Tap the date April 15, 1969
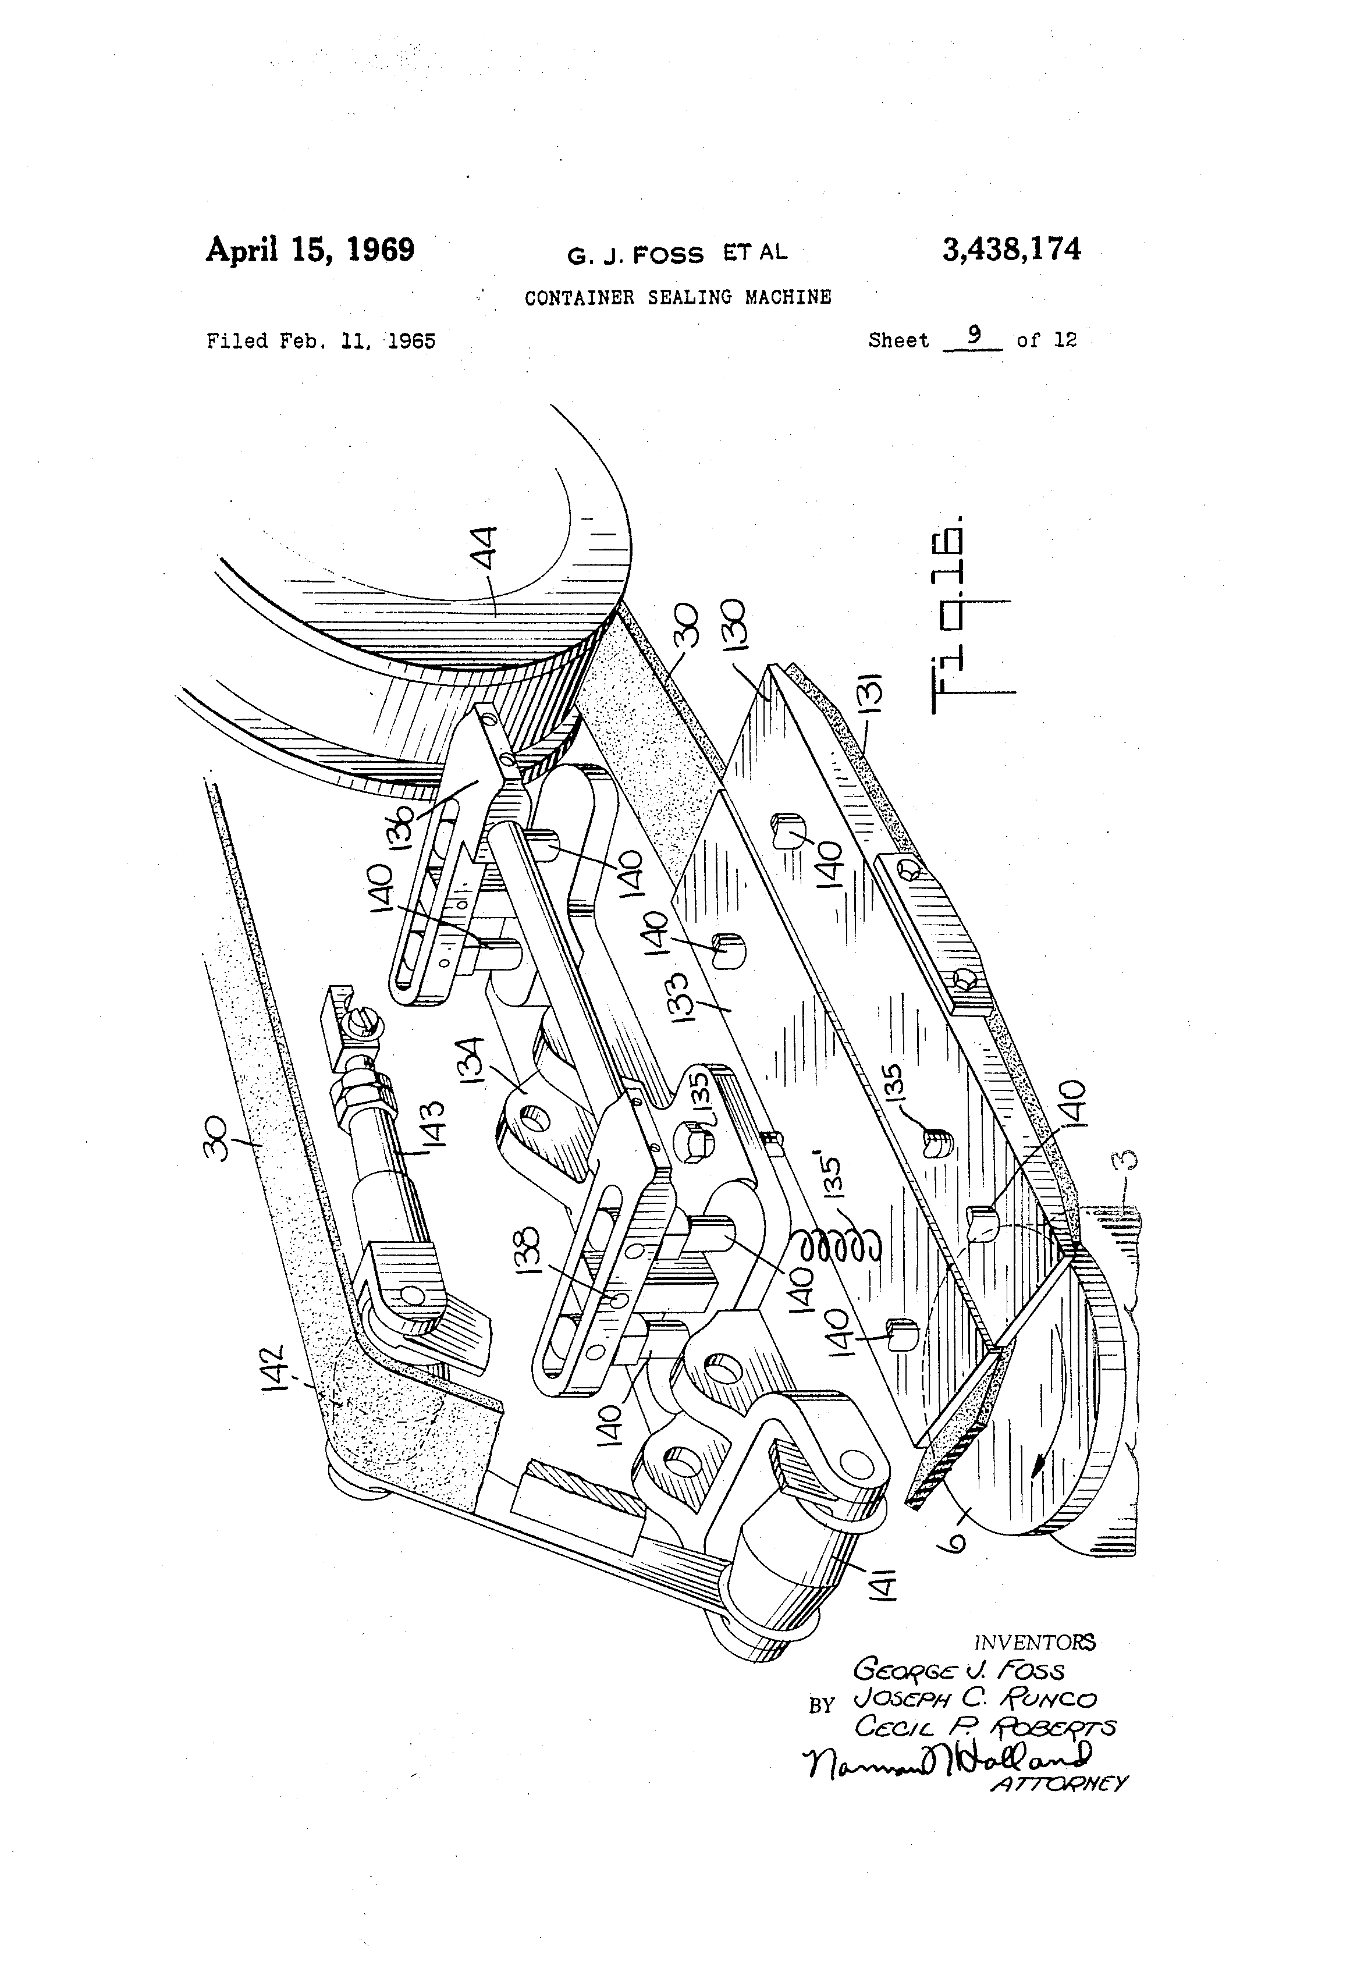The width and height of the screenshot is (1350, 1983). (310, 250)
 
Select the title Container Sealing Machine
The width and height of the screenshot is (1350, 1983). (677, 298)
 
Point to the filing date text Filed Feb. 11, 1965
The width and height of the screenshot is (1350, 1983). (321, 342)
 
